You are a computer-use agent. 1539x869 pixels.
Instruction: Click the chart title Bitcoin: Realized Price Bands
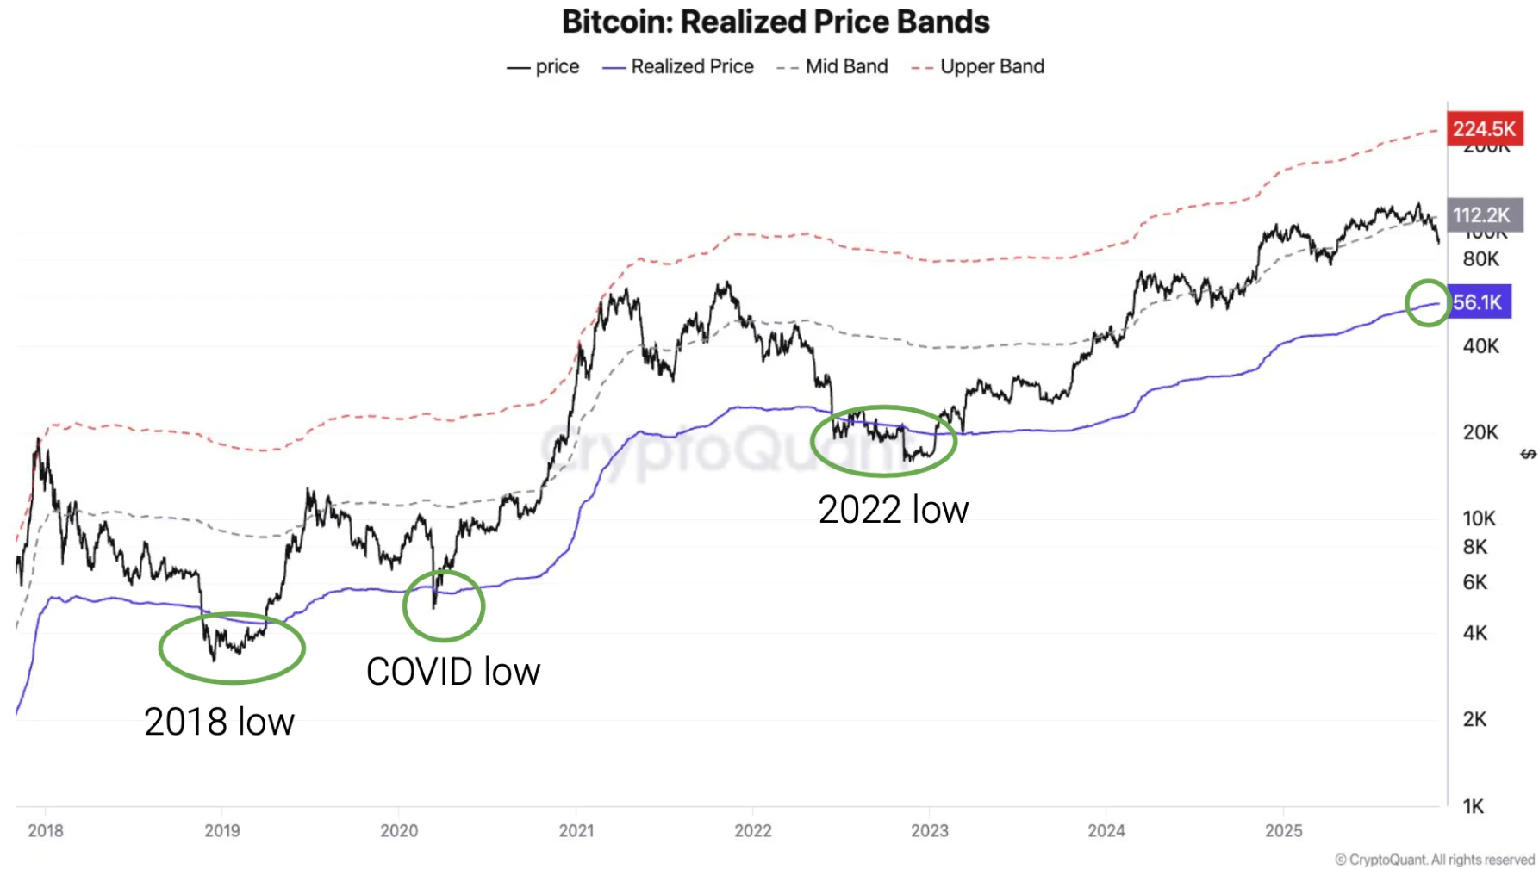[776, 22]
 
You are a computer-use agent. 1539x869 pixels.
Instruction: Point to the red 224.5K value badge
[1484, 128]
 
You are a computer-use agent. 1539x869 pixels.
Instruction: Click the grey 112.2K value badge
[1482, 214]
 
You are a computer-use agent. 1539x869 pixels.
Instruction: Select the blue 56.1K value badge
[1479, 302]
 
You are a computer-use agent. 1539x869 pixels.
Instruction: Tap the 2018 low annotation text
[219, 722]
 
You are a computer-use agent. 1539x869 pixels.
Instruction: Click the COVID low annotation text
[453, 672]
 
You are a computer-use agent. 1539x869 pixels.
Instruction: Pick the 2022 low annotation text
[894, 510]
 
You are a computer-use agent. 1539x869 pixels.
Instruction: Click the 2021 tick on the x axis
[576, 830]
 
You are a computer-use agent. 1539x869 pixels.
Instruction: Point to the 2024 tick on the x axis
[1106, 830]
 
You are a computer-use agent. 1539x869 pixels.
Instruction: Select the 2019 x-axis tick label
[222, 830]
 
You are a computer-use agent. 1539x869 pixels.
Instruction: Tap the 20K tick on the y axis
[1480, 431]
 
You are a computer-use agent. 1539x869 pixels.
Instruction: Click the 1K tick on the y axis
[1474, 806]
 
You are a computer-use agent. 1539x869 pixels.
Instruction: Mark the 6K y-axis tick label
[1475, 582]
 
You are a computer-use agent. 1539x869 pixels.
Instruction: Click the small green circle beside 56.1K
[1428, 302]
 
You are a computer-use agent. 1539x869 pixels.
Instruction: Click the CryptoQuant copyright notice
[1435, 860]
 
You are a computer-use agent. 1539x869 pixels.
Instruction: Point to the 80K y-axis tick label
[1480, 258]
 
